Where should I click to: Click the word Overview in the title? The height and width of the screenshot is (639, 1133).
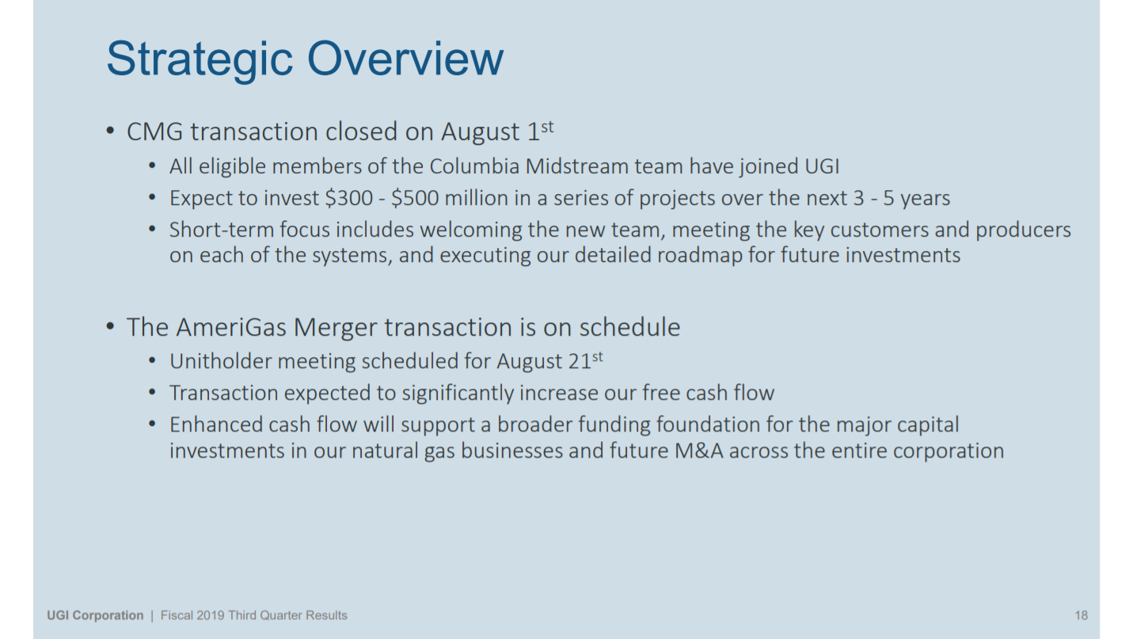pos(405,59)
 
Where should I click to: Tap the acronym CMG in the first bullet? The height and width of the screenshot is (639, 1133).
pos(154,131)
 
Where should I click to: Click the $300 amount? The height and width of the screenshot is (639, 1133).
pos(348,198)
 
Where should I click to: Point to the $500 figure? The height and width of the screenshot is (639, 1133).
pos(415,198)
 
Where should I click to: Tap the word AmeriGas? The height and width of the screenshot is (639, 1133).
pos(232,327)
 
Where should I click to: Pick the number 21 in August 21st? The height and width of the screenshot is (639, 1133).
pos(580,361)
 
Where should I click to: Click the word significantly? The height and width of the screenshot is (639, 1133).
pos(451,394)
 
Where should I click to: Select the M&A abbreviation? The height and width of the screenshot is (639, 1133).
pos(698,451)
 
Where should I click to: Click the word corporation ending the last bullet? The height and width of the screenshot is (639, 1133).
pos(948,451)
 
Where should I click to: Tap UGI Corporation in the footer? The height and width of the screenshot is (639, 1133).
pos(95,615)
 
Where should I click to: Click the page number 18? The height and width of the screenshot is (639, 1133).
pos(1081,615)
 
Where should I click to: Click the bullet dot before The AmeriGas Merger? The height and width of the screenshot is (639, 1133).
pos(110,326)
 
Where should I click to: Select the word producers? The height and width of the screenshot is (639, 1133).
pos(1023,230)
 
